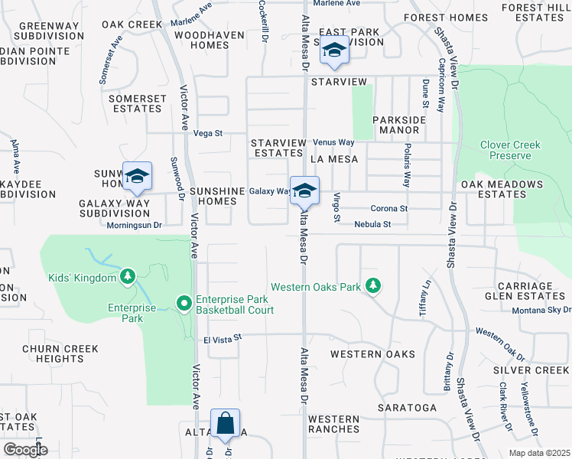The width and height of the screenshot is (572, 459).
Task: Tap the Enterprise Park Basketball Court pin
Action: (x=184, y=304)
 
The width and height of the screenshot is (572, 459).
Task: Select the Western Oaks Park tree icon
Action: (x=372, y=286)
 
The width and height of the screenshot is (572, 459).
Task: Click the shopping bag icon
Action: (x=225, y=423)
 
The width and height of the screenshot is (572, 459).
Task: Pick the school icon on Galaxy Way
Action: (x=304, y=191)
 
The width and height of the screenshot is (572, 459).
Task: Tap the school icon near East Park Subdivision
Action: (x=334, y=50)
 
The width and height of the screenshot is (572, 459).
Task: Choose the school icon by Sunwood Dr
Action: (x=138, y=177)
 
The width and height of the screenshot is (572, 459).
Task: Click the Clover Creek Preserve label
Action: (x=505, y=150)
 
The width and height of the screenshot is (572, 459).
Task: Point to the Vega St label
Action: (x=207, y=133)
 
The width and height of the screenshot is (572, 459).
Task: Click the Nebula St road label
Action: (x=372, y=224)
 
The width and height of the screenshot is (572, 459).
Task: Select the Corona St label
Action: (x=389, y=208)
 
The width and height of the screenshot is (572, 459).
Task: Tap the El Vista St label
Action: (x=222, y=337)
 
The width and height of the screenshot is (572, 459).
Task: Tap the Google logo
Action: (x=25, y=450)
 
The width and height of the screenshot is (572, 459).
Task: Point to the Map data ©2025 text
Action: (x=539, y=453)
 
